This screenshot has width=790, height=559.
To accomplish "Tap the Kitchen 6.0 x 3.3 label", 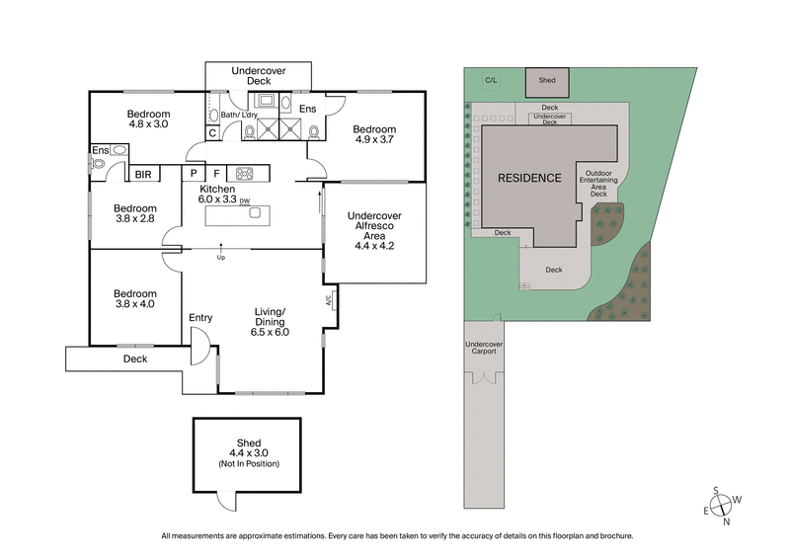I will pyautogui.click(x=217, y=194).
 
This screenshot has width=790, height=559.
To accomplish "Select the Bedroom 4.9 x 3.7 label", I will pyautogui.click(x=374, y=135).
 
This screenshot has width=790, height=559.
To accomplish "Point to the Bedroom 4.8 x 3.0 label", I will pyautogui.click(x=149, y=119).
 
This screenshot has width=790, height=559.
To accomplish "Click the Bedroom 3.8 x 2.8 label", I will pyautogui.click(x=134, y=214).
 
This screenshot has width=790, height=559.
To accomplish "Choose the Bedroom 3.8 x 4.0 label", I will pyautogui.click(x=134, y=299).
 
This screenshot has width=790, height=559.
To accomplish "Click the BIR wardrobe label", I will pyautogui.click(x=144, y=174).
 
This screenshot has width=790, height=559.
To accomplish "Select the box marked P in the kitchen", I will pyautogui.click(x=195, y=174).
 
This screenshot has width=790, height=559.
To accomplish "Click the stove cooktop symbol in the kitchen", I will pyautogui.click(x=244, y=174).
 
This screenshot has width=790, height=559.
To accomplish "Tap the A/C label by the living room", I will pyautogui.click(x=328, y=301).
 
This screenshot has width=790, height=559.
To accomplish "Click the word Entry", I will pyautogui.click(x=200, y=317).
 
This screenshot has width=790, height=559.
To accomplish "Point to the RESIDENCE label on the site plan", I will pyautogui.click(x=529, y=178).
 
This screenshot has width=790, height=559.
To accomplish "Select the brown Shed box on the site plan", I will pyautogui.click(x=545, y=81).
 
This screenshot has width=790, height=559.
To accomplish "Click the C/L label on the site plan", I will pyautogui.click(x=490, y=79).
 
